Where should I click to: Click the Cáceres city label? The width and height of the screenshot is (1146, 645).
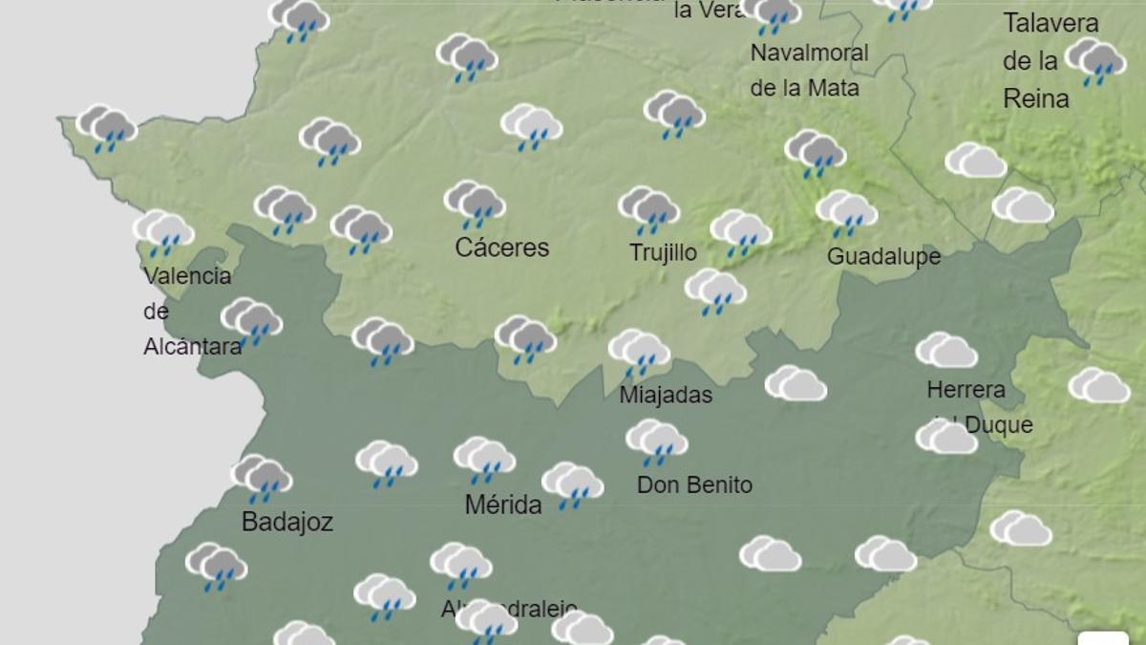pyautogui.click(x=502, y=247)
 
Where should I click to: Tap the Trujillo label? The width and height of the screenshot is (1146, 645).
pyautogui.click(x=663, y=252)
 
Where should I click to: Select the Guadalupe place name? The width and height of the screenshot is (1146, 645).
pyautogui.click(x=883, y=256)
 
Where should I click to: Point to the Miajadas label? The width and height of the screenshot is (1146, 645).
pyautogui.click(x=666, y=395)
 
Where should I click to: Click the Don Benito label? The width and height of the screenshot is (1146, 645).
pyautogui.click(x=694, y=484)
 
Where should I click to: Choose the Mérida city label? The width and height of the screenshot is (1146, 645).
pyautogui.click(x=503, y=505)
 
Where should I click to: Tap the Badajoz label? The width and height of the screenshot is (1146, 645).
pyautogui.click(x=286, y=522)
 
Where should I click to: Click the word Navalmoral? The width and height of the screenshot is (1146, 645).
pyautogui.click(x=809, y=53)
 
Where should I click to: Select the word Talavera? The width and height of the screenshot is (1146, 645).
pyautogui.click(x=1050, y=23)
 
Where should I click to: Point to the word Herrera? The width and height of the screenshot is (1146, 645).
pyautogui.click(x=966, y=390)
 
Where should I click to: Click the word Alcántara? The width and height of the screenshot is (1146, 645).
pyautogui.click(x=192, y=346)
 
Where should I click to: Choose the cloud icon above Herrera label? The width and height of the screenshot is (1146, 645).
pyautogui.click(x=945, y=351)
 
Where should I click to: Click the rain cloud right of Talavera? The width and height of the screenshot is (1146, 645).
pyautogui.click(x=1094, y=61)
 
